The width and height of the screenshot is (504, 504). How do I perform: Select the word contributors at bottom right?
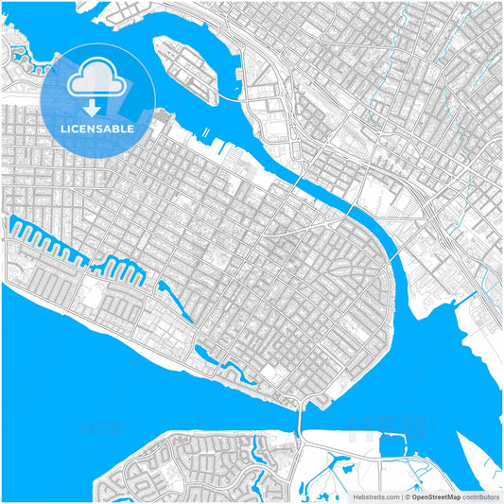(481, 495)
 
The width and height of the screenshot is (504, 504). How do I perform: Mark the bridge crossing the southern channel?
(300, 416)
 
